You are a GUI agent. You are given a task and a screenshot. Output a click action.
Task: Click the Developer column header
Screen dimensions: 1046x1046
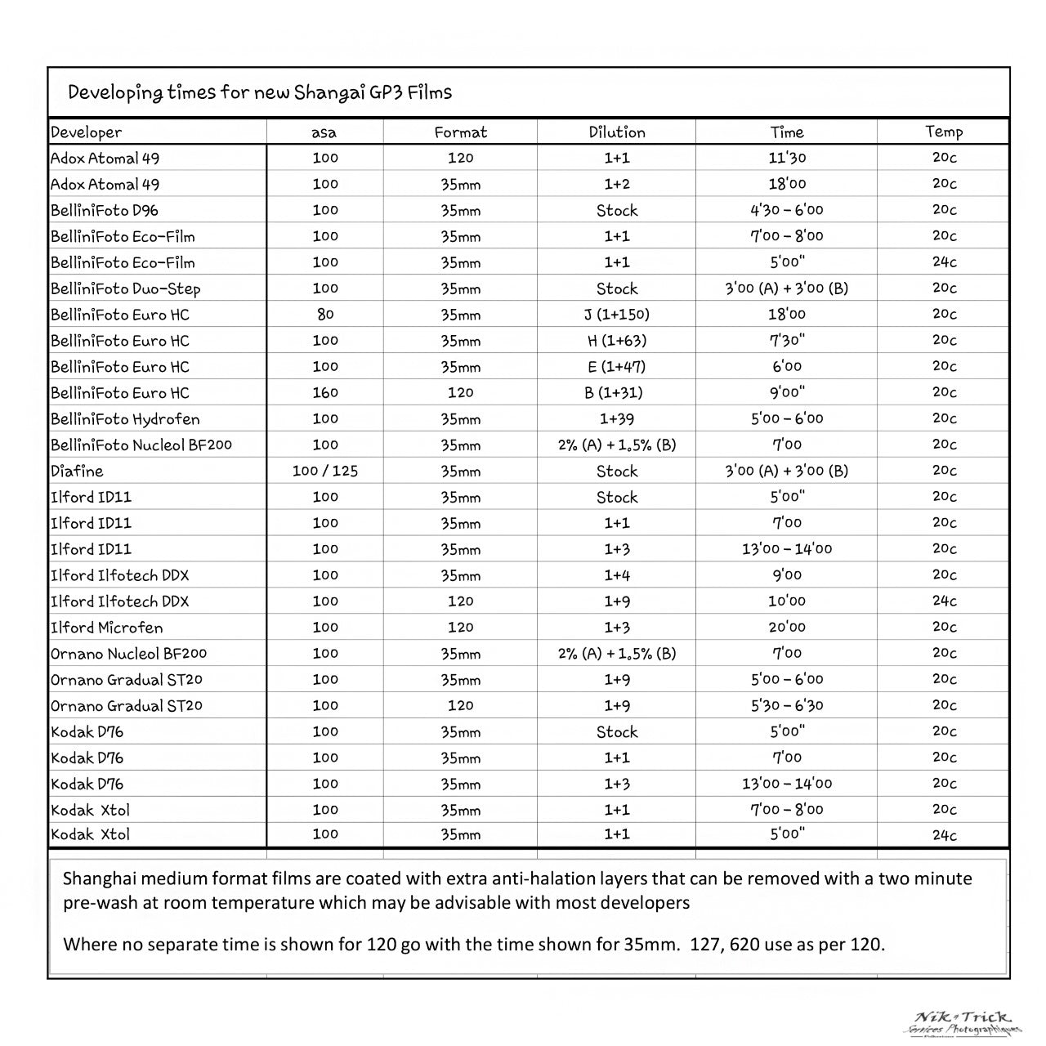[x=86, y=132]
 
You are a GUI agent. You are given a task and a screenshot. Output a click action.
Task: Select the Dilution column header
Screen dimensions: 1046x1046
[x=617, y=132]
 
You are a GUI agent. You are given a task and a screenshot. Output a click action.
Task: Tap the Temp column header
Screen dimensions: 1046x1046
[x=944, y=132]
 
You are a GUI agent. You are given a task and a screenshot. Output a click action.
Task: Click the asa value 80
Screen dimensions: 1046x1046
[x=325, y=315]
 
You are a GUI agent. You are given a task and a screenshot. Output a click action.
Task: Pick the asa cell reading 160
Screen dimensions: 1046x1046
[x=325, y=393]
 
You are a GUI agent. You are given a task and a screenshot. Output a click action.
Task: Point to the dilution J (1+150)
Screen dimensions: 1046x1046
[x=617, y=315]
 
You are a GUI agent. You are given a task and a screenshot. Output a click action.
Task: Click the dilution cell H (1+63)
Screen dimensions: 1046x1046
[x=617, y=341]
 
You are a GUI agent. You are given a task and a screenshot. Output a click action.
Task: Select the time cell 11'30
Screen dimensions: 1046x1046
[x=787, y=158]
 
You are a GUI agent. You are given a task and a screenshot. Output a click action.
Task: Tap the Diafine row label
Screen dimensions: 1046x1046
[x=77, y=472]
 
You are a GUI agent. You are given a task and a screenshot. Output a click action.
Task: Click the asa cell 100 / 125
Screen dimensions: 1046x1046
[x=325, y=472]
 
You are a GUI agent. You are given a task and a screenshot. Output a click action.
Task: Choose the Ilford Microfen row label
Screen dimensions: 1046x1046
[x=107, y=628]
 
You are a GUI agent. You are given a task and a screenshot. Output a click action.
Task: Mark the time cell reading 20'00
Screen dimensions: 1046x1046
[x=787, y=628]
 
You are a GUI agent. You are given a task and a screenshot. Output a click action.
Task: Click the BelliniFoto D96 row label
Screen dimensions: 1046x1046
[x=105, y=210]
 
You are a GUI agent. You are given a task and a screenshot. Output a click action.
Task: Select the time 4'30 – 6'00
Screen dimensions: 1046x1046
[x=787, y=210]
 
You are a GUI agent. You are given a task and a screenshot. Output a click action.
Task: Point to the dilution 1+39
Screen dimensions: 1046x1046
[x=617, y=419]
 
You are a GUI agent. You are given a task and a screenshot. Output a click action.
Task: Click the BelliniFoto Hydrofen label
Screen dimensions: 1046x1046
[x=125, y=419]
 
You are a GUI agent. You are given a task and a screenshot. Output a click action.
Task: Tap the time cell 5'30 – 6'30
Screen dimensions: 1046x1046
[x=787, y=706]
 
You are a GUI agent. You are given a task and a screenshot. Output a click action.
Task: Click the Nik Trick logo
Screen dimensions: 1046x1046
[x=964, y=1021]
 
